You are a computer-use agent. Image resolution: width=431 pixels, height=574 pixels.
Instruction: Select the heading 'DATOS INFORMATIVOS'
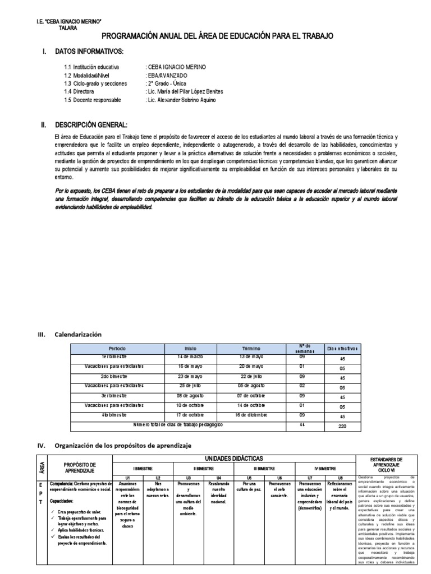89,52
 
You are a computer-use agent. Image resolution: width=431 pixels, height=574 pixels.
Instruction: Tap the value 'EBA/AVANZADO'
167,75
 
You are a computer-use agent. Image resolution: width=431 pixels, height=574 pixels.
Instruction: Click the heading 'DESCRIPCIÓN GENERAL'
91,124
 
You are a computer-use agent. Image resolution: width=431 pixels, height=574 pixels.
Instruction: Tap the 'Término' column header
252,348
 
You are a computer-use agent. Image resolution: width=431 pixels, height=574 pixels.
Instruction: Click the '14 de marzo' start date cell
190,357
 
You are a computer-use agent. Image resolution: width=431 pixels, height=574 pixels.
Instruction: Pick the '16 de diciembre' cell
252,415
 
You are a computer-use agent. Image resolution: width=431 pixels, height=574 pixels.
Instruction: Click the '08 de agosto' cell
190,395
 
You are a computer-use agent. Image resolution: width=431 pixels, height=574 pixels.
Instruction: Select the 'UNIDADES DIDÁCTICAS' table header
233,459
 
